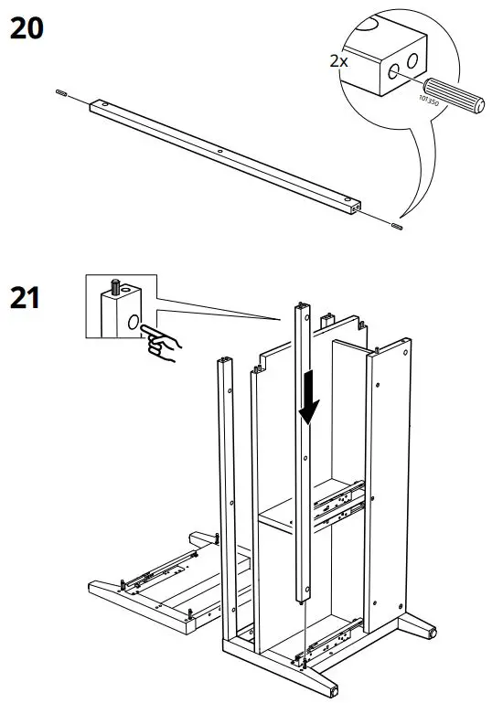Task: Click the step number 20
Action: [26, 29]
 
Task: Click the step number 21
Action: [26, 298]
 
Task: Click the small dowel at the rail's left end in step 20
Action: [60, 92]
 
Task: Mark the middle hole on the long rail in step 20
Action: [220, 150]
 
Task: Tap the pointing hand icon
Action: [164, 346]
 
